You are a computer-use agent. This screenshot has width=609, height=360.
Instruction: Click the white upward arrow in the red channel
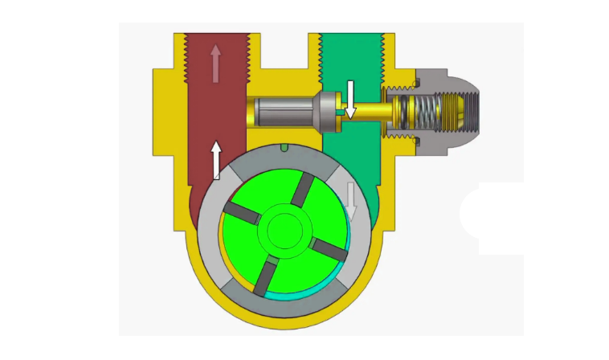[216, 160]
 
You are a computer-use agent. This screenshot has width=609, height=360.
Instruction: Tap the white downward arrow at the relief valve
[350, 98]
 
